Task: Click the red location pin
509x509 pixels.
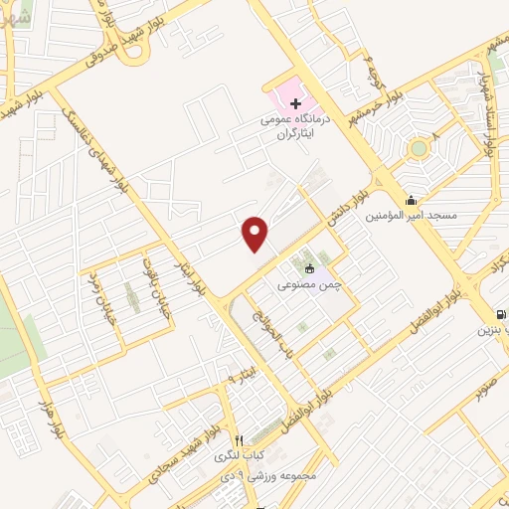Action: tap(255, 233)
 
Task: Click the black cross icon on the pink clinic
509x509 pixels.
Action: tap(295, 103)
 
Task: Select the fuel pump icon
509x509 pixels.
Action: tap(486, 315)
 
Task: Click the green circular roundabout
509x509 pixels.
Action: tap(418, 150)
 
